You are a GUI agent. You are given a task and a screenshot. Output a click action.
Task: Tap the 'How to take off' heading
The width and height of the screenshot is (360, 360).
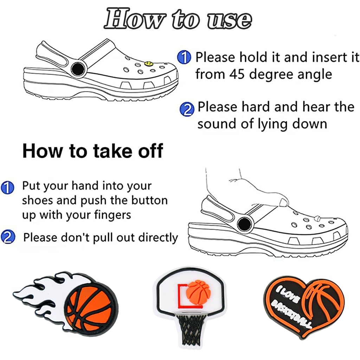92,151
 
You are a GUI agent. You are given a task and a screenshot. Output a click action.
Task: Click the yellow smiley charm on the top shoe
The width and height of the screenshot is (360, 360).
149,64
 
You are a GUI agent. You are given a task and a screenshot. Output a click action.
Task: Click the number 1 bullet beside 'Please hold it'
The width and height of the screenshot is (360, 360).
184,57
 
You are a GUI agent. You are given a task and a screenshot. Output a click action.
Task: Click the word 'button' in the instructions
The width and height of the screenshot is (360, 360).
149,200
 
